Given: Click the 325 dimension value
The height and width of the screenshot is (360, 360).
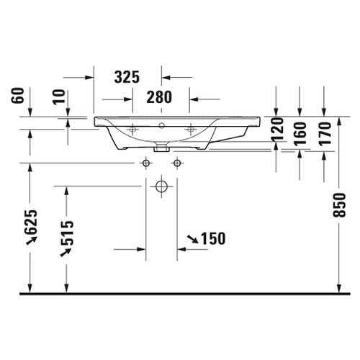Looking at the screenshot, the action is click(x=127, y=77).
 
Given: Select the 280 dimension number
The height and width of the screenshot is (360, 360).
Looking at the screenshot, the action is click(x=159, y=97).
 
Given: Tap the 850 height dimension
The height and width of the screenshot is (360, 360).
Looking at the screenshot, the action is click(x=339, y=204).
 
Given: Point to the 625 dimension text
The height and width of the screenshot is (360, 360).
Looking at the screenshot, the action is click(x=31, y=222).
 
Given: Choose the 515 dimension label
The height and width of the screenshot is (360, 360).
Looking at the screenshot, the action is click(x=66, y=233).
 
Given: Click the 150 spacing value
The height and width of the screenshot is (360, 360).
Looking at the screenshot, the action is click(x=213, y=238).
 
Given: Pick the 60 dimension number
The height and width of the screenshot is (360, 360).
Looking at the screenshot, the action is click(x=18, y=95).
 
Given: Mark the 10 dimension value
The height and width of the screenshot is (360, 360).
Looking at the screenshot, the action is click(x=59, y=96).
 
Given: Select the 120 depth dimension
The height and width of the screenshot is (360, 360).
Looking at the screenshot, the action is click(x=277, y=129).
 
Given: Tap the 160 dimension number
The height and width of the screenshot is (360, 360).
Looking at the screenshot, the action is click(x=300, y=134).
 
